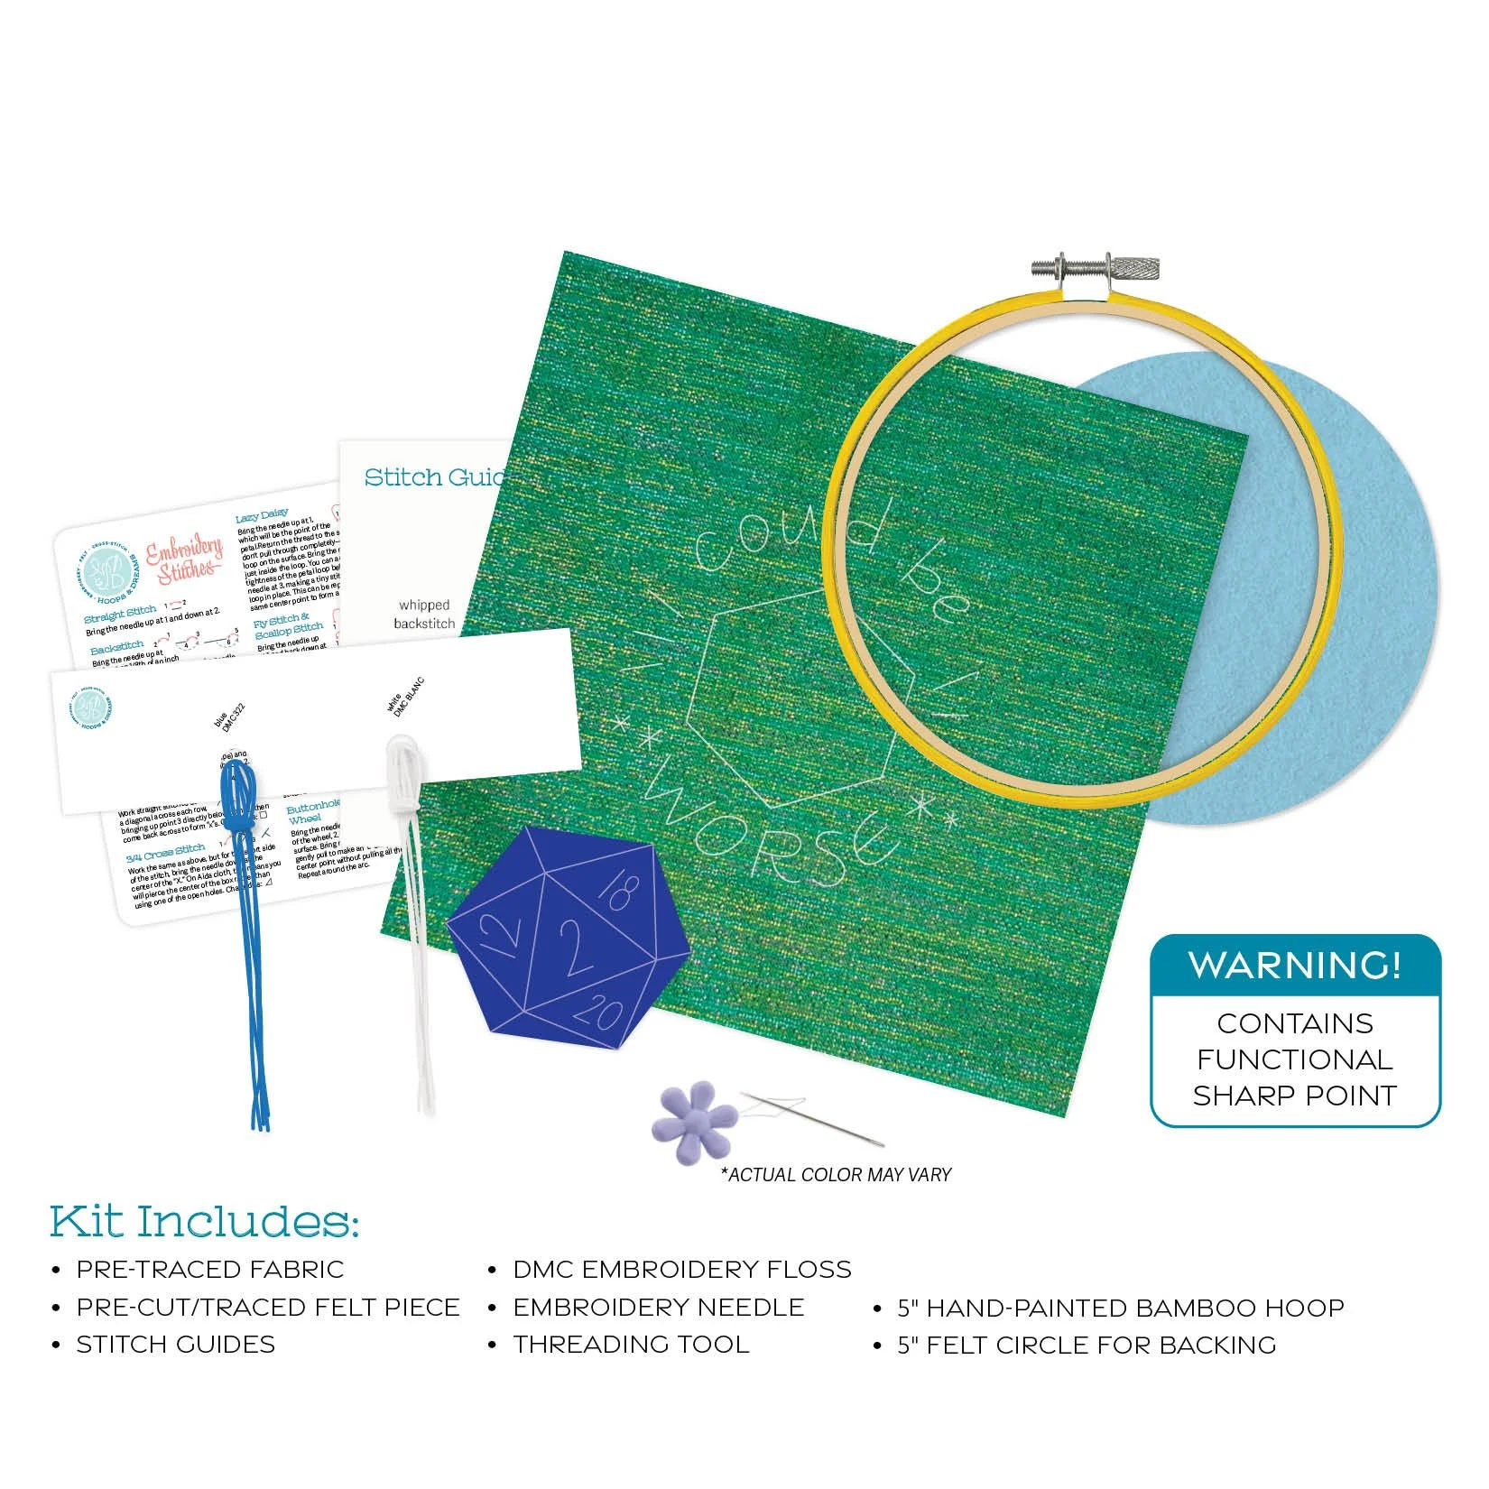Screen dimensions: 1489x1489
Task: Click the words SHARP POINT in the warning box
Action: [x=1295, y=1096]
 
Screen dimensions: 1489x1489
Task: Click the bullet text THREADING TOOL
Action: [x=632, y=1345]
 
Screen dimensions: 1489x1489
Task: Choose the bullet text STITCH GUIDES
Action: [x=176, y=1345]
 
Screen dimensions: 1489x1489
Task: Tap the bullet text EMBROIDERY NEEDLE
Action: [x=659, y=1308]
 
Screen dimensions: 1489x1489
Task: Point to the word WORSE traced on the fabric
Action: [x=767, y=835]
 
